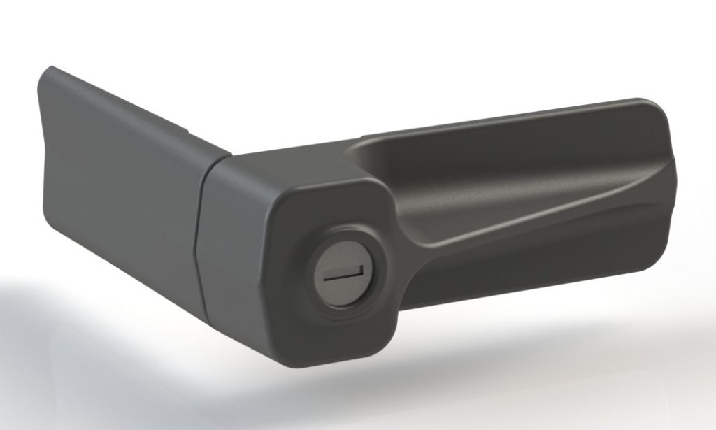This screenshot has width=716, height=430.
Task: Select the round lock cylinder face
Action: (341, 273)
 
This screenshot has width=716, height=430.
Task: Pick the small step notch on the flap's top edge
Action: (190, 129)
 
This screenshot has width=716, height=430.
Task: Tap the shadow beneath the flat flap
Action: (105, 308)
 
